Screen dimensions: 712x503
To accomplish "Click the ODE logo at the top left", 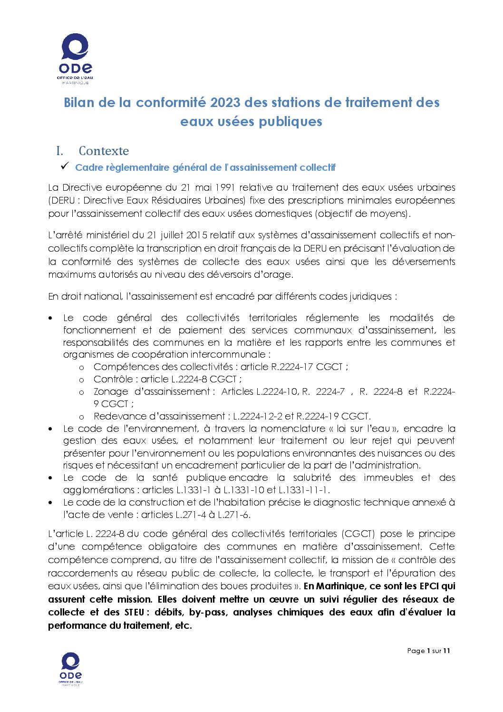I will pyautogui.click(x=75, y=59).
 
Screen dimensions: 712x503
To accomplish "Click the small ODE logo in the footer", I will pyautogui.click(x=70, y=669).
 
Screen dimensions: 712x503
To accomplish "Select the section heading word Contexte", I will pyautogui.click(x=104, y=151).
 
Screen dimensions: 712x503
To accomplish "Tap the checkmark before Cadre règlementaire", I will pyautogui.click(x=65, y=166).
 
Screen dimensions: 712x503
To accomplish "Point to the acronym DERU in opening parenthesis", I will pyautogui.click(x=63, y=200).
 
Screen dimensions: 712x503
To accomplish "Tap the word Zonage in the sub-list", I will pyautogui.click(x=111, y=391).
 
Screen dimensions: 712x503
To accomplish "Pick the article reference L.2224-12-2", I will pyautogui.click(x=257, y=416).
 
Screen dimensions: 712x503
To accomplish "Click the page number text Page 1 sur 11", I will pyautogui.click(x=428, y=651).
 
